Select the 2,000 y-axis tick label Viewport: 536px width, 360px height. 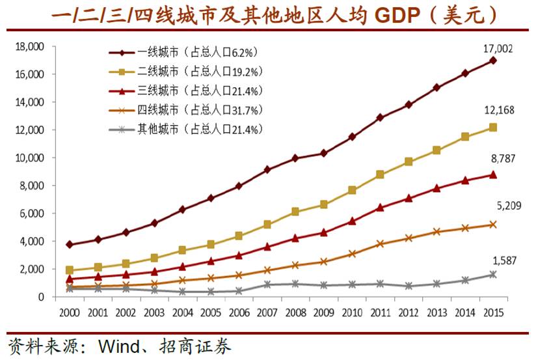(31, 269)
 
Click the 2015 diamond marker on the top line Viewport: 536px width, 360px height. (493, 61)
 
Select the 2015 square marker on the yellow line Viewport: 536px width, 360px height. (493, 128)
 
